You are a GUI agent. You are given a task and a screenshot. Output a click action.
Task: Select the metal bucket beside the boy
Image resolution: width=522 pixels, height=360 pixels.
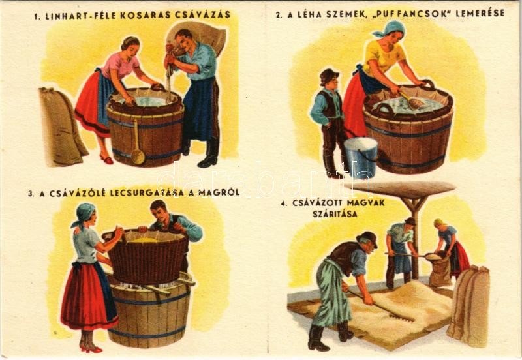tap(361, 157)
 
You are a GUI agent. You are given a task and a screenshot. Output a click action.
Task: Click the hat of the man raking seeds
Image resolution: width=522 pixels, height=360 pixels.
tap(367, 239)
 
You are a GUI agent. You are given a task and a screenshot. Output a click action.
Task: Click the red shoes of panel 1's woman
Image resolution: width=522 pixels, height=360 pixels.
tap(106, 158)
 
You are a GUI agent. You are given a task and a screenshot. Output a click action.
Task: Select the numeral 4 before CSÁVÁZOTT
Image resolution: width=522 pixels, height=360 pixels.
tap(284, 203)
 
